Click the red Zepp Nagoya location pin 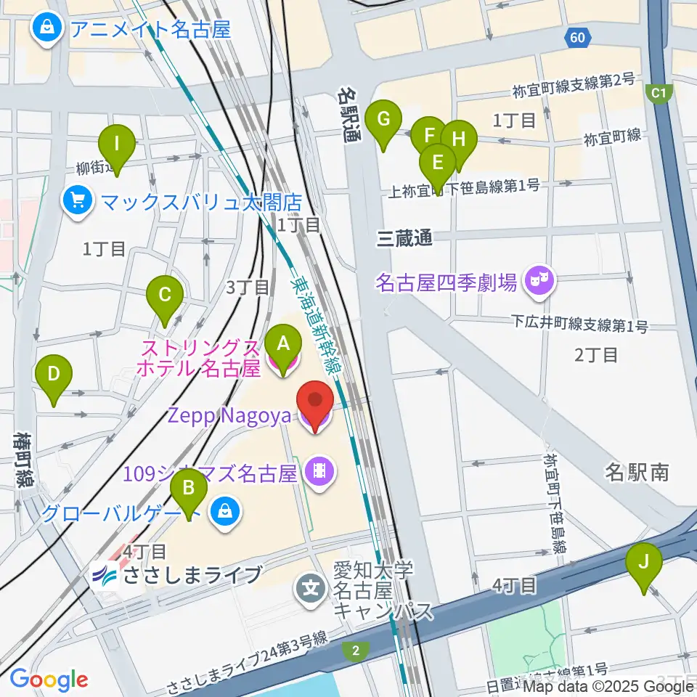[315, 403]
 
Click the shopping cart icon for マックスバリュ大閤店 [76, 200]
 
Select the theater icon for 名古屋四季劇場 [539, 280]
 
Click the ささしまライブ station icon [105, 576]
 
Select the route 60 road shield [577, 38]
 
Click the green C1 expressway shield [659, 93]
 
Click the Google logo [49, 679]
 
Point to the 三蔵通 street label [404, 238]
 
